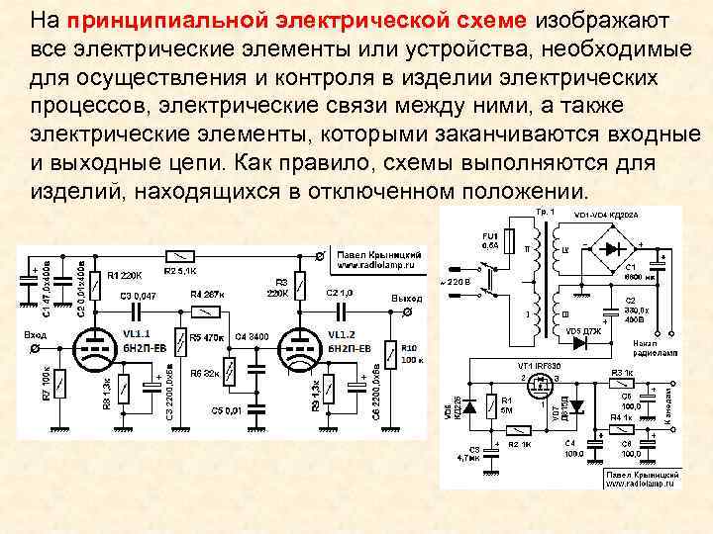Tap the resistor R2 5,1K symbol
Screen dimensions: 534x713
click(x=179, y=255)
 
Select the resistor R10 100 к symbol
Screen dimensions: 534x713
click(x=392, y=353)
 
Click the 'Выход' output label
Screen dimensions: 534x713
click(x=406, y=298)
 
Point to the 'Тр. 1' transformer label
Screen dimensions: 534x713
click(x=546, y=213)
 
